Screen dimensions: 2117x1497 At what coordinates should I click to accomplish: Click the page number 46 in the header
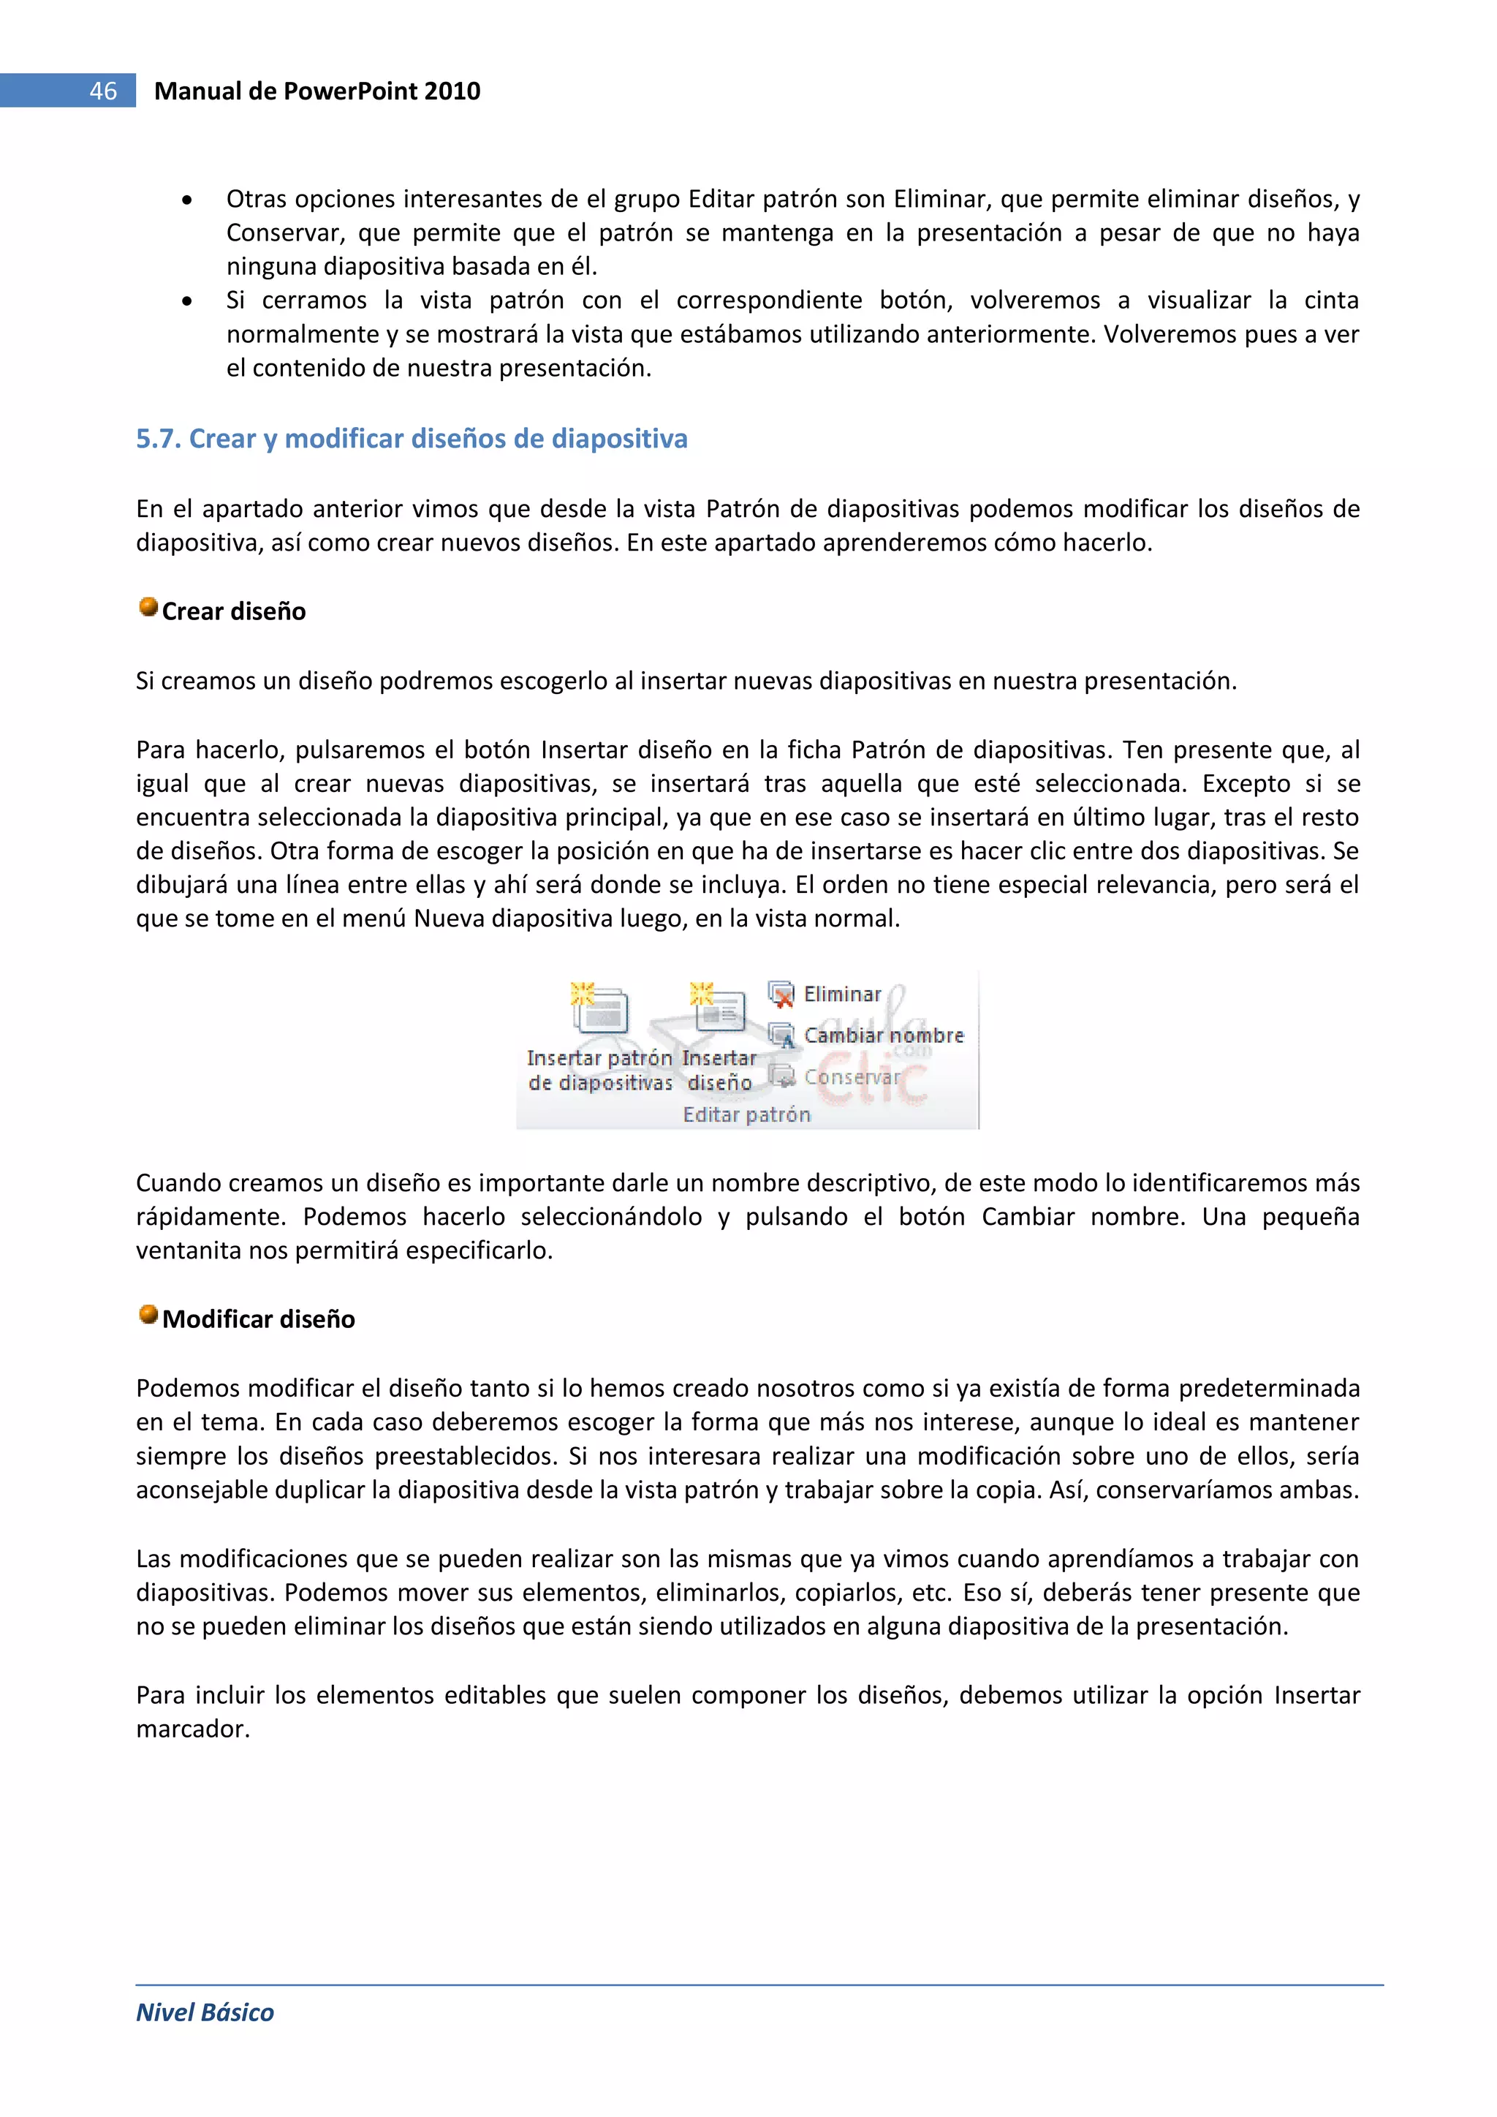tap(102, 91)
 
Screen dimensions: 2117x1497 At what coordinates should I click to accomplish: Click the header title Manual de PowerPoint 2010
tap(317, 91)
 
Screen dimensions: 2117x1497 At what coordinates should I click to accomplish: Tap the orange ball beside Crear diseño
tap(148, 607)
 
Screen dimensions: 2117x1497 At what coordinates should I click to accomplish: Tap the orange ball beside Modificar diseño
tap(148, 1314)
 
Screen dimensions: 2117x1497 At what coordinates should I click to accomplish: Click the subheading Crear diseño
tap(234, 611)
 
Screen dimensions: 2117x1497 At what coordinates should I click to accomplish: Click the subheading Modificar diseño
tap(259, 1319)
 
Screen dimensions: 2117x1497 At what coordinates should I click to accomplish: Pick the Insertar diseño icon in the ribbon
tap(719, 1008)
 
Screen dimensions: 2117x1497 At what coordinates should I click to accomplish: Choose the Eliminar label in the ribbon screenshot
tap(843, 994)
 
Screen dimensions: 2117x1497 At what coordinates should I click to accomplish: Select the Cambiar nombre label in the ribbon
tap(883, 1035)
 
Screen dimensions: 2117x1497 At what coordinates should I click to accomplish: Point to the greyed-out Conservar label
tap(851, 1077)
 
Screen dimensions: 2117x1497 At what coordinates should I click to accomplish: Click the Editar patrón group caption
tap(746, 1114)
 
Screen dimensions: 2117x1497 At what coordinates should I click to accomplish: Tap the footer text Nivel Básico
tap(205, 2013)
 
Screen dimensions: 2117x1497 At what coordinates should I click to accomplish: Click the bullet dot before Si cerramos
tap(187, 301)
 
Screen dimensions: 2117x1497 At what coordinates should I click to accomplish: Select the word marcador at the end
tap(193, 1729)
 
